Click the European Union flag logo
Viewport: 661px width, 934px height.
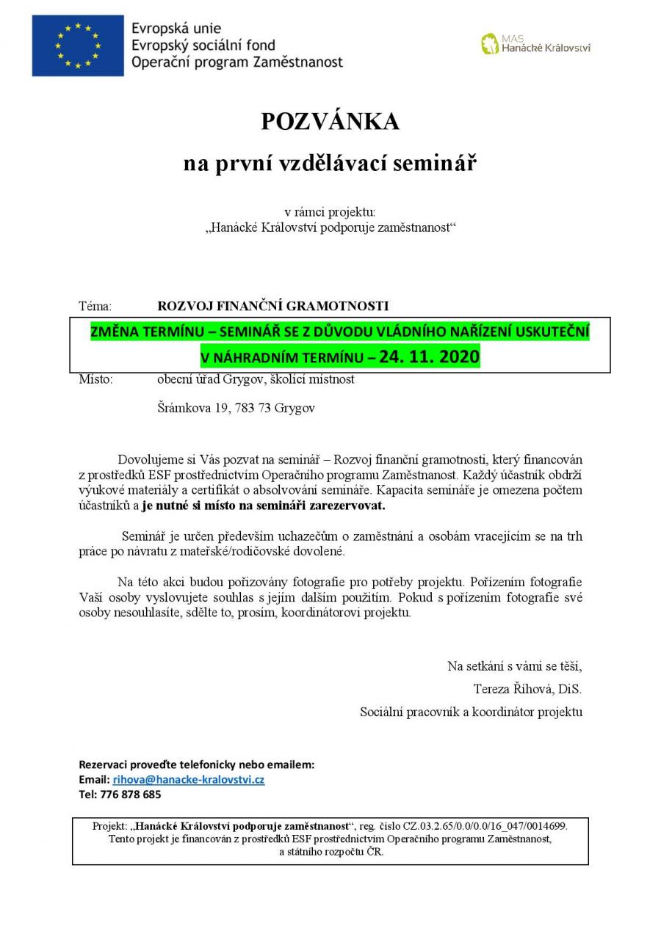(78, 45)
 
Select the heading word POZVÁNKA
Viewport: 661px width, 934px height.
(330, 122)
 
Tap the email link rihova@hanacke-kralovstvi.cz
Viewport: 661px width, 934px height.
(188, 779)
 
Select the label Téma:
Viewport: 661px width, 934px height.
(95, 306)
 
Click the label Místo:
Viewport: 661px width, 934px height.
(95, 379)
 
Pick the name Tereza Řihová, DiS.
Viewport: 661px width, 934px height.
(527, 689)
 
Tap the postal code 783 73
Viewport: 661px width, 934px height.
(253, 408)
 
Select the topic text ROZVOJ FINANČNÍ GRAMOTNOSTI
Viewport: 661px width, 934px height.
(273, 306)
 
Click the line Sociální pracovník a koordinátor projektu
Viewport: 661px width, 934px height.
(471, 712)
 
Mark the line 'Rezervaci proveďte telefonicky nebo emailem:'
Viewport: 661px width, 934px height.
(196, 764)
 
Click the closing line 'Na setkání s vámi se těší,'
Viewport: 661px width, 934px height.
(514, 666)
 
